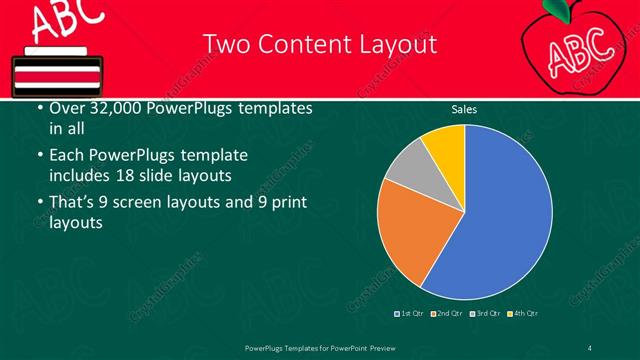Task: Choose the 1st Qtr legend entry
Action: click(x=410, y=314)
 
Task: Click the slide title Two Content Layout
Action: click(x=319, y=44)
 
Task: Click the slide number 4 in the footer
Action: click(x=591, y=346)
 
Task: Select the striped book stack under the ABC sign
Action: click(x=54, y=71)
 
